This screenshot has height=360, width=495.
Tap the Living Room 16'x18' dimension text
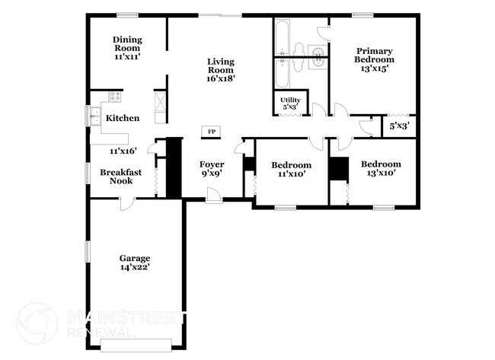click(x=221, y=77)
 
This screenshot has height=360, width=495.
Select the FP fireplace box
click(x=212, y=132)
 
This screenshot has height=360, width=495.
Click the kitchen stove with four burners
click(x=115, y=97)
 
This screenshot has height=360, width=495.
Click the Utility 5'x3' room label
click(x=289, y=104)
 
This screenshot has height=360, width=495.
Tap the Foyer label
click(x=211, y=164)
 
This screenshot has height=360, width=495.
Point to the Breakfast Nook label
click(x=121, y=177)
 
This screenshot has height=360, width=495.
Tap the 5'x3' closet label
click(x=400, y=126)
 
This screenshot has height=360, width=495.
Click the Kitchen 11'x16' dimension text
click(x=122, y=151)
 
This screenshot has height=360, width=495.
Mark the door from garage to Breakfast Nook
click(x=126, y=201)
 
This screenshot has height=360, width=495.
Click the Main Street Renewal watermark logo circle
click(x=37, y=323)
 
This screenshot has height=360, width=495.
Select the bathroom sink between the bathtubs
click(x=317, y=54)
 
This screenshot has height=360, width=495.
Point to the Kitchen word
click(x=122, y=118)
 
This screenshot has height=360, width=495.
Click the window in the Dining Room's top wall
click(x=127, y=14)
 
